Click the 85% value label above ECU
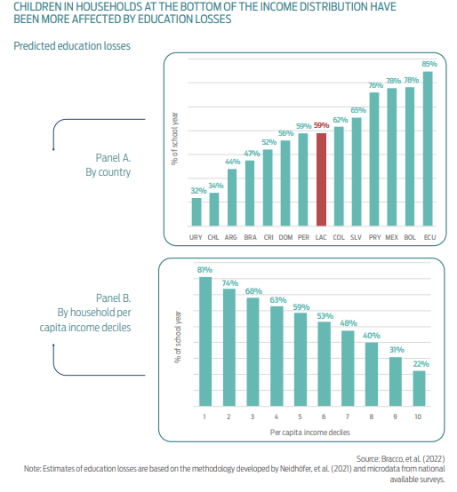click(x=429, y=64)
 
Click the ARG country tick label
click(x=231, y=237)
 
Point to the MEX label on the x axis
click(x=390, y=237)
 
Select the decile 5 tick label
click(x=301, y=417)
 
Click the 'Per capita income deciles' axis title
click(x=309, y=431)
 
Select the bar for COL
click(x=340, y=175)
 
